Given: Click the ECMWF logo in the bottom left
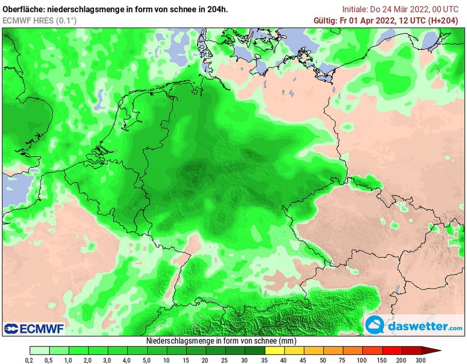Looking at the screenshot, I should (x=34, y=328).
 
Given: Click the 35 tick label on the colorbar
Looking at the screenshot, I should (x=265, y=360).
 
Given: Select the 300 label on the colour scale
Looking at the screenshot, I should (x=421, y=360).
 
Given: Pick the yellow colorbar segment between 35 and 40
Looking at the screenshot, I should (x=274, y=351).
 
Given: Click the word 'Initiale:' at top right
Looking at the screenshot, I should (x=355, y=9).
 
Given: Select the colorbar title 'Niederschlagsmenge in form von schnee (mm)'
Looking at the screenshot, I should (x=222, y=341).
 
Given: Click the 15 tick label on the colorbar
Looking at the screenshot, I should (x=187, y=360).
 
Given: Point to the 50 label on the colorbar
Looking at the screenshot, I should (x=323, y=360).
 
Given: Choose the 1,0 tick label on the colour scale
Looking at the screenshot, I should (x=69, y=360).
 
